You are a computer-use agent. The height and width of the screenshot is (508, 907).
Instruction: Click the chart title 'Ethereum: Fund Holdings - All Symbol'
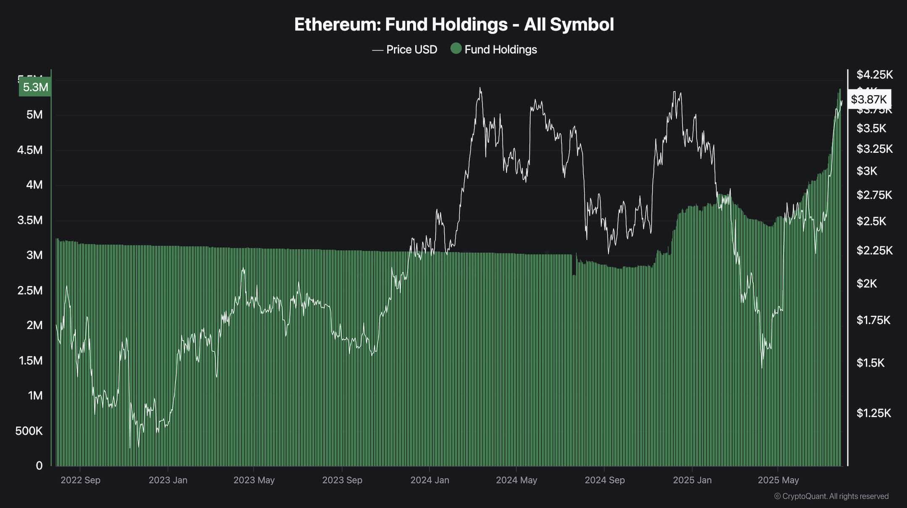[x=453, y=24]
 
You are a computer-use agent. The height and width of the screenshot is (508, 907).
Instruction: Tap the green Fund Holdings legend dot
[x=456, y=49]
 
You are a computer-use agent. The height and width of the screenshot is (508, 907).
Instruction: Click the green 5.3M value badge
[x=35, y=87]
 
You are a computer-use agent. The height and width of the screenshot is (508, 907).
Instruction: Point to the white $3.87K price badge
[x=869, y=100]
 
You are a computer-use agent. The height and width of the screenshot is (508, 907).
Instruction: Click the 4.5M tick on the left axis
[x=30, y=150]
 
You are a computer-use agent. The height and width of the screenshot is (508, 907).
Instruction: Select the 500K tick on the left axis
[x=29, y=431]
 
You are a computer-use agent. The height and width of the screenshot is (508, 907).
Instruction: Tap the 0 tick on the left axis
[x=39, y=465]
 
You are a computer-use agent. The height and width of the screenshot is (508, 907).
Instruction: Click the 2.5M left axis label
[x=30, y=291]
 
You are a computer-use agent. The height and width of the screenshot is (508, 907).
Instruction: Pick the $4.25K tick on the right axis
[x=875, y=75]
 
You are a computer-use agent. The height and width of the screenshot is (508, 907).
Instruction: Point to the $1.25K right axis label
[x=873, y=413]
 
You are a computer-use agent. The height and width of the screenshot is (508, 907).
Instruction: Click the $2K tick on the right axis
[x=867, y=284]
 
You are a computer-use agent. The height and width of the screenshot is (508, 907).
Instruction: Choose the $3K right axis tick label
[x=867, y=171]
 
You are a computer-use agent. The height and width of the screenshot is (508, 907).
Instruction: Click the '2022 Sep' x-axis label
[x=80, y=480]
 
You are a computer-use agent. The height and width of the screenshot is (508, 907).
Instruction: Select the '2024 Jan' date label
[x=430, y=480]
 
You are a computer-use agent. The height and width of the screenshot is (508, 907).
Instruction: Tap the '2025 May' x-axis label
[x=778, y=480]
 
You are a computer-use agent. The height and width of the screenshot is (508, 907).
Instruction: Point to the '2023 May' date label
[x=254, y=480]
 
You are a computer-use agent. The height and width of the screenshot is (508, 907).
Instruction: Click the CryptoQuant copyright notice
[x=831, y=496]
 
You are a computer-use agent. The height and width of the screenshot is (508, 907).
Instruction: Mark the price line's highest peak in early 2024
[x=480, y=88]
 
